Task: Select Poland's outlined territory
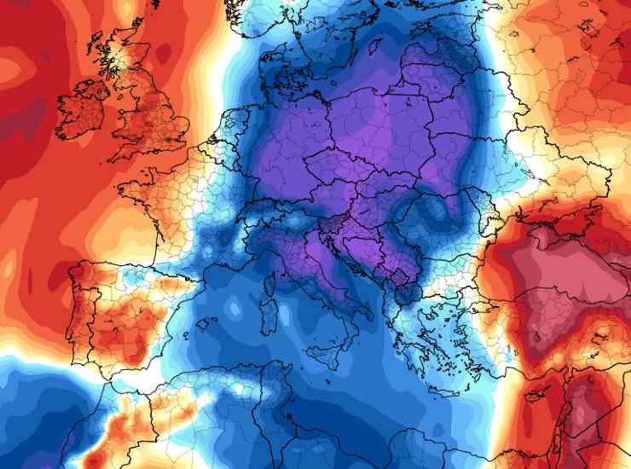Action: click(x=375, y=128)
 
